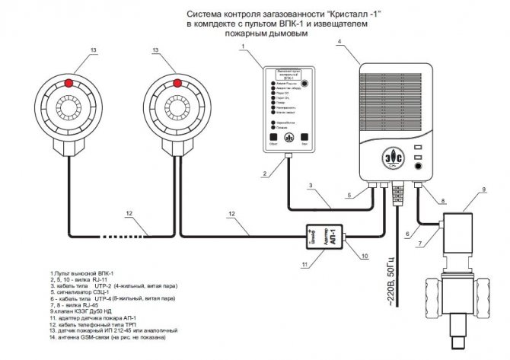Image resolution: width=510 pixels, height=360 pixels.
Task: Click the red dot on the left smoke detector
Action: pyautogui.click(x=69, y=81)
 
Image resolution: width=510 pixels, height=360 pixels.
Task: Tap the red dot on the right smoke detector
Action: pyautogui.click(x=177, y=81)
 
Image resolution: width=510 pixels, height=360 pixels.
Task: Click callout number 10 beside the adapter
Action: pyautogui.click(x=365, y=256)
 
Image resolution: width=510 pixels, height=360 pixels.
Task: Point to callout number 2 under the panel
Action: pyautogui.click(x=264, y=174)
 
